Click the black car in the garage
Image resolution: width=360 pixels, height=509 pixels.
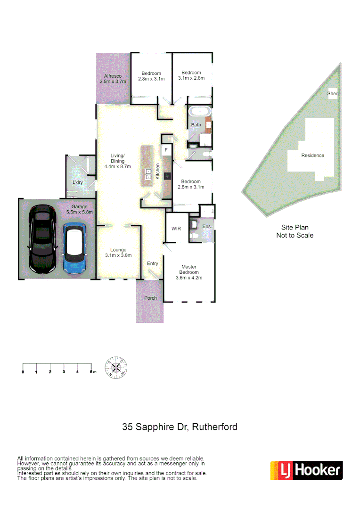(43, 239)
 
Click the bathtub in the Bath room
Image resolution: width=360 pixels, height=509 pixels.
(200, 113)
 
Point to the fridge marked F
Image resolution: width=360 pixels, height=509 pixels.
(166, 150)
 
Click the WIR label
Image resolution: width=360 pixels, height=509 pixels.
(176, 228)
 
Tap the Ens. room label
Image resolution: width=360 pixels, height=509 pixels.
(207, 227)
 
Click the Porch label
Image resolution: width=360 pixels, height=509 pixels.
(150, 298)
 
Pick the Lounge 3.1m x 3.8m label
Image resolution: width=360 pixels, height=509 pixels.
(118, 253)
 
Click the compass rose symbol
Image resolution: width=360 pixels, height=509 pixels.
(116, 367)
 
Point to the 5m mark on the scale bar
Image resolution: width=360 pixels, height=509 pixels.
(92, 372)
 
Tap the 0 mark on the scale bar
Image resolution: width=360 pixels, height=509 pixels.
(23, 372)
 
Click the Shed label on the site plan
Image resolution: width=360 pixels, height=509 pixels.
(333, 93)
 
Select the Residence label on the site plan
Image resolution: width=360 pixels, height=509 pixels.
(313, 155)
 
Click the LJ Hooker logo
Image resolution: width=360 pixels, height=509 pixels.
(306, 470)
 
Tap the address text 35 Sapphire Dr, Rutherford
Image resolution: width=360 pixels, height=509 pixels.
(180, 427)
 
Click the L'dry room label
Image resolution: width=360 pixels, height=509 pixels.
(78, 182)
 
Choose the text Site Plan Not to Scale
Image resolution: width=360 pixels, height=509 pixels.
(295, 231)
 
